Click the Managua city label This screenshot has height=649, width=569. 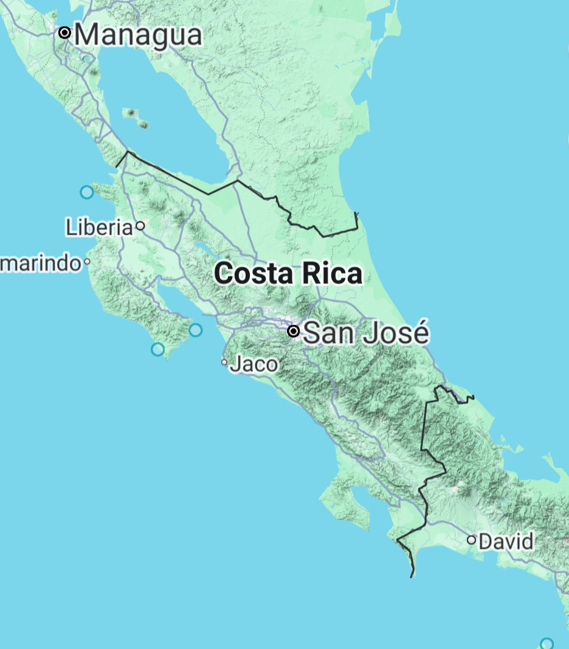click(x=138, y=34)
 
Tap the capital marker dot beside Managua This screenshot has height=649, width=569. click(x=65, y=33)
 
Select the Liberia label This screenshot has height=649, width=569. click(x=99, y=227)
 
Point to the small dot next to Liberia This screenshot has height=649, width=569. click(x=140, y=226)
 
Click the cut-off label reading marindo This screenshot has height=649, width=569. click(x=41, y=263)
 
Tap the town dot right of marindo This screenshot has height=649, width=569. click(x=88, y=262)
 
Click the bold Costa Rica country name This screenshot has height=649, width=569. click(x=288, y=274)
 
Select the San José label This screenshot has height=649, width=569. click(x=366, y=333)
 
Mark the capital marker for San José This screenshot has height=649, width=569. click(x=294, y=331)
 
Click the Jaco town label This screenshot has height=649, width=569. click(x=255, y=364)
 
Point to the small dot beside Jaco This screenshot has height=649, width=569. click(x=224, y=363)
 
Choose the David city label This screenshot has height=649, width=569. click(x=506, y=541)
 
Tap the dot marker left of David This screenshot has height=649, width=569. click(x=471, y=540)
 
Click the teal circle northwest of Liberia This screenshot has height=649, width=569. click(x=87, y=192)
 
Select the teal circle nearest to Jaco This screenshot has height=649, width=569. click(x=195, y=330)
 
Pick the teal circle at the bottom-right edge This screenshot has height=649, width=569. click(x=547, y=644)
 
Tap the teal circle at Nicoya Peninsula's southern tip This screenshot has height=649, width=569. click(x=157, y=349)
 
